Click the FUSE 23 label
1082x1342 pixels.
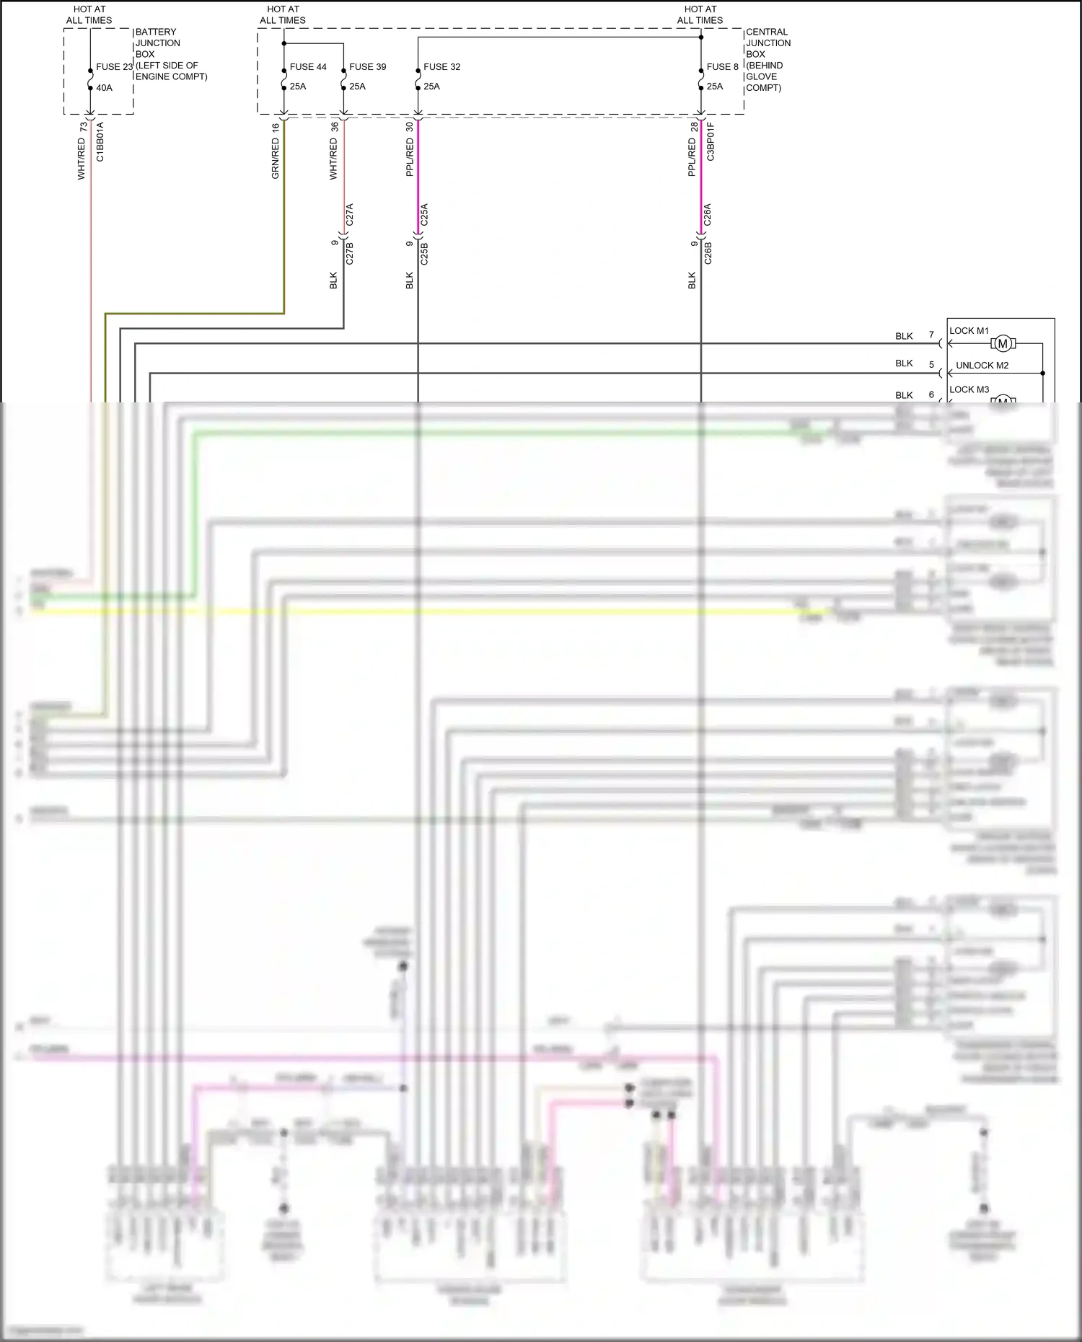click(x=114, y=67)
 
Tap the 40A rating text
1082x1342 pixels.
click(x=105, y=88)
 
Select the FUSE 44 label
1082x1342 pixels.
click(x=308, y=67)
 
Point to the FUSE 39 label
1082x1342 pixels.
click(x=367, y=67)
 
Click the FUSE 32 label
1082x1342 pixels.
click(x=441, y=67)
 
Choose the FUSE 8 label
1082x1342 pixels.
click(x=722, y=67)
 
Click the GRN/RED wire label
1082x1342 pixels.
click(x=275, y=160)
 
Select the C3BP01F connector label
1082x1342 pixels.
click(x=711, y=141)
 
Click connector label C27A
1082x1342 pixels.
click(x=350, y=215)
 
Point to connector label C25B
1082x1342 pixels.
click(x=424, y=254)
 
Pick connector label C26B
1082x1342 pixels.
click(x=708, y=254)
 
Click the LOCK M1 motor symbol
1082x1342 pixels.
click(x=1003, y=344)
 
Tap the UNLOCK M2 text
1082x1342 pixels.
click(x=982, y=366)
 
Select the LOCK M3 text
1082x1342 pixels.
click(x=969, y=389)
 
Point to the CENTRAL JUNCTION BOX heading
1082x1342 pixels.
click(x=767, y=43)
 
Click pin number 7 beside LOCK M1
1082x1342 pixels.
click(x=931, y=335)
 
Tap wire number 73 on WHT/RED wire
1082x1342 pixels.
click(x=84, y=126)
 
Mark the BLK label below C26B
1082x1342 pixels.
click(x=692, y=281)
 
